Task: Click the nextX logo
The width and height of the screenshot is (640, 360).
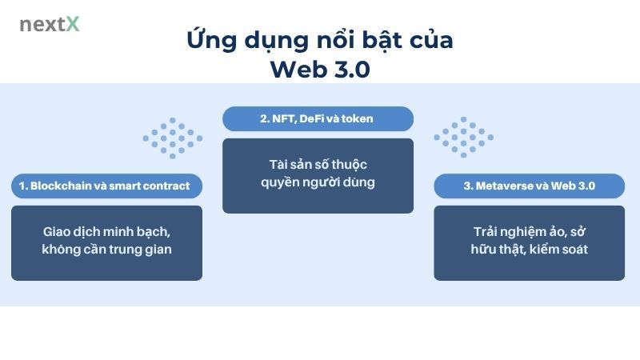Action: (x=50, y=24)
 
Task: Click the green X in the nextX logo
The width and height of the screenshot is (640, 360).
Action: (x=73, y=24)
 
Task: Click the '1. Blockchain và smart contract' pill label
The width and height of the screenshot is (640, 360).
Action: (x=106, y=186)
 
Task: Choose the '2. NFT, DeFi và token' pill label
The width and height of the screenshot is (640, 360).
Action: (x=318, y=118)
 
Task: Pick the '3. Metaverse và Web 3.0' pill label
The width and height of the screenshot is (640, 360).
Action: (x=529, y=186)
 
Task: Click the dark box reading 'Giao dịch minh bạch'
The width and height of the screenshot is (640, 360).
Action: (x=106, y=242)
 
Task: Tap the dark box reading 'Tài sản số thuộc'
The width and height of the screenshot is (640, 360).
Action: (x=318, y=175)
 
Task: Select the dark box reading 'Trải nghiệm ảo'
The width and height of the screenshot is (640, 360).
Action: (x=529, y=242)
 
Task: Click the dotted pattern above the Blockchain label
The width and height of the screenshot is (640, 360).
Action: (x=173, y=138)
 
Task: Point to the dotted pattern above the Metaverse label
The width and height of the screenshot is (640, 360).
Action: (x=464, y=138)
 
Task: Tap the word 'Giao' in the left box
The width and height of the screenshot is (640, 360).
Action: (x=59, y=232)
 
